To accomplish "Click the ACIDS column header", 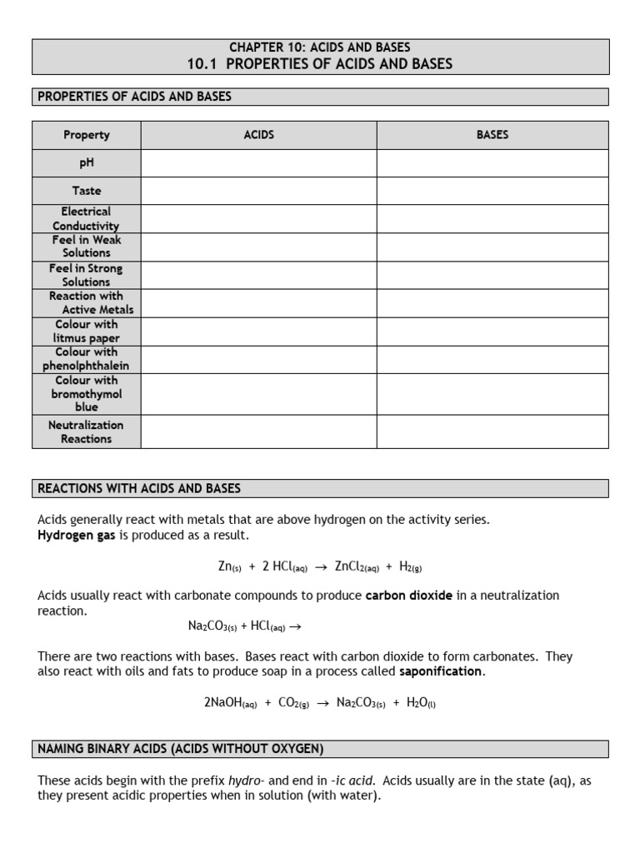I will coord(258,135).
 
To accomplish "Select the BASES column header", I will coord(492,135).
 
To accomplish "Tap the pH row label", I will coord(86,163).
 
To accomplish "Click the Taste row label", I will coord(86,191).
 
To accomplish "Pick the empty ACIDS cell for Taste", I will coord(258,191).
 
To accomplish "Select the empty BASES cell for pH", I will coord(492,163).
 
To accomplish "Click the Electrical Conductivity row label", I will coord(86,218).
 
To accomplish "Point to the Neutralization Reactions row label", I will coord(86,431).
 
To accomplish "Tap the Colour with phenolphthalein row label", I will coord(86,359).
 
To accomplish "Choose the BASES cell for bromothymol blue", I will coord(492,393).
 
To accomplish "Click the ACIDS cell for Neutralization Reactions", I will coord(258,431).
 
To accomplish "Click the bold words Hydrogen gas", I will coord(77,535).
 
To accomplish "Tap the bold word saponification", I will coord(440,671).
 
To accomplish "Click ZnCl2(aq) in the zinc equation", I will coord(357,567).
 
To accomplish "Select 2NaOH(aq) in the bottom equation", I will coord(230,702).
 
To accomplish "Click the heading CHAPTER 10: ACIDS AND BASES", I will coord(320,47).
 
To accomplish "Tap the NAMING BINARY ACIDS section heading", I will coord(181,749).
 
